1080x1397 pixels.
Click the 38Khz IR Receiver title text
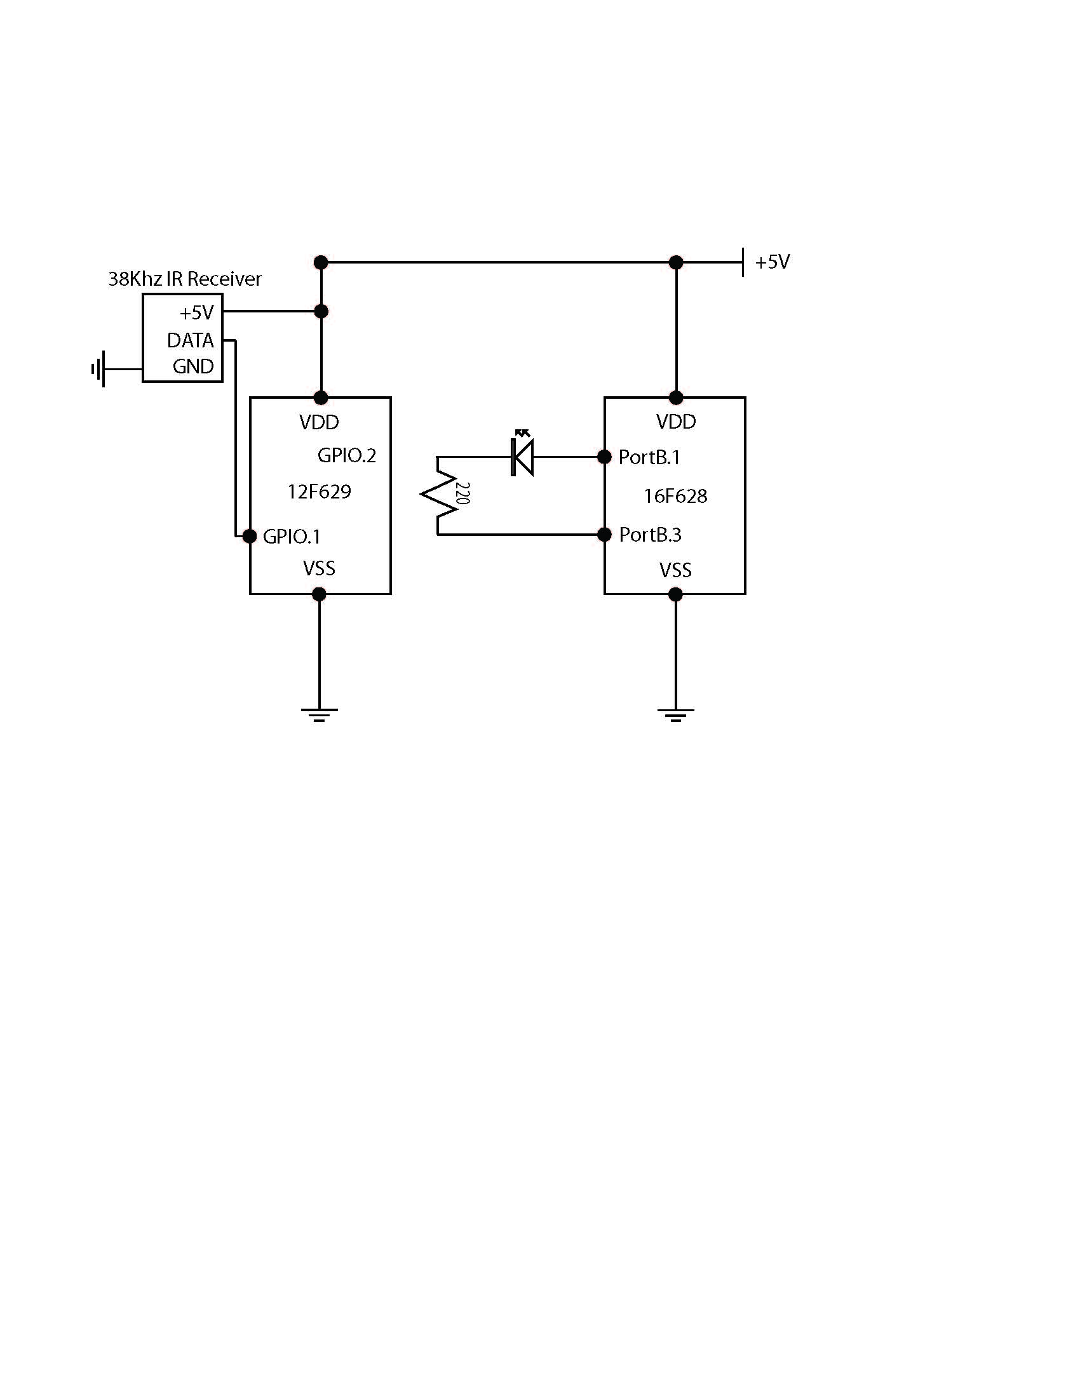pos(184,279)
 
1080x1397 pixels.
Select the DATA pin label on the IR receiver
pos(190,340)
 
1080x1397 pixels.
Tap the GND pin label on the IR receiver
pos(192,366)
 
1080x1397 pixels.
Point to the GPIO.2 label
pos(346,455)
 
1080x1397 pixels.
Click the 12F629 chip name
pos(319,491)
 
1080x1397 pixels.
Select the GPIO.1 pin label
pos(291,536)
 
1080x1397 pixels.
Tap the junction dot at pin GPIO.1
pos(250,536)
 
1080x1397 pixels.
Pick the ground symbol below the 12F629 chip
pos(319,714)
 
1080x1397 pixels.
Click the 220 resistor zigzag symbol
pos(440,495)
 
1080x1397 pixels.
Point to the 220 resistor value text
pos(463,494)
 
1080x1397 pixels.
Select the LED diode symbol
pos(523,456)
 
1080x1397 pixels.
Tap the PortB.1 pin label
pos(649,457)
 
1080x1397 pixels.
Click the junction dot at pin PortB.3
pos(604,534)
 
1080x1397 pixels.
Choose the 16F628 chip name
pos(675,496)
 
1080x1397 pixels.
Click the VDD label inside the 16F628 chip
pos(676,422)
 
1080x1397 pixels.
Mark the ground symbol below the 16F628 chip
pos(675,714)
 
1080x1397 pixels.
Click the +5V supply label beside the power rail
pos(773,262)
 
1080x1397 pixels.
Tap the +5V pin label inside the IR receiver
pos(196,313)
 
